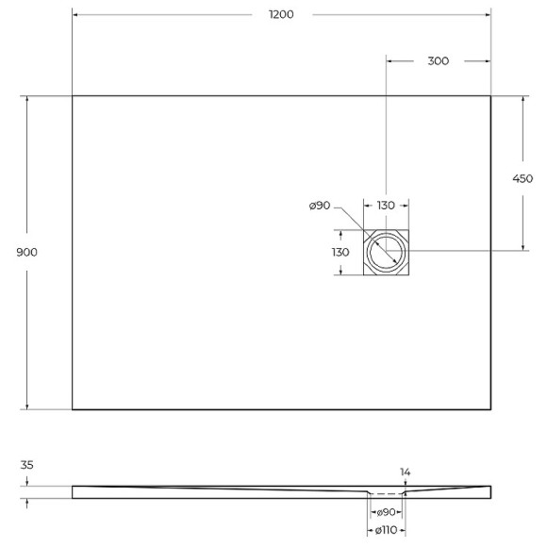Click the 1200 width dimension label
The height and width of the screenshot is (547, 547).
click(x=281, y=14)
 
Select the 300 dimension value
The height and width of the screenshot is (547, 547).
click(x=438, y=60)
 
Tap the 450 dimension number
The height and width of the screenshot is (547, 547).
click(x=522, y=178)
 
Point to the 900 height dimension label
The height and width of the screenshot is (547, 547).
click(x=27, y=253)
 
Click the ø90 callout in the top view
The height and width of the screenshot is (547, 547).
click(x=319, y=206)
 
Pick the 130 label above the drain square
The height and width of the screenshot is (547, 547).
click(x=386, y=206)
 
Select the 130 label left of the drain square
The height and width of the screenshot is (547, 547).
click(x=340, y=252)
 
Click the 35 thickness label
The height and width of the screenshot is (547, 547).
click(x=26, y=465)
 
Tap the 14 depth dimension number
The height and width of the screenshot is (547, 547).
click(x=405, y=472)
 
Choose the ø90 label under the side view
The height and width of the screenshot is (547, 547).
click(x=385, y=512)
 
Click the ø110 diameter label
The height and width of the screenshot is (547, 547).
click(x=385, y=534)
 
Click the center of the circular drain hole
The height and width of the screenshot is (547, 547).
click(x=386, y=252)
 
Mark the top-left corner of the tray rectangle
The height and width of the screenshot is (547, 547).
click(x=73, y=96)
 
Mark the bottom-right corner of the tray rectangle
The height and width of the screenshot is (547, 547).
click(x=490, y=409)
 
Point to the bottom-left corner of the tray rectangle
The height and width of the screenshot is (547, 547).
click(x=73, y=409)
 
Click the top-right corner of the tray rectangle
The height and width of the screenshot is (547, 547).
click(x=490, y=96)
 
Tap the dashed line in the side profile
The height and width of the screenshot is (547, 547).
click(x=385, y=493)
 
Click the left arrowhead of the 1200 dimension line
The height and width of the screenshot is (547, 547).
click(x=75, y=14)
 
